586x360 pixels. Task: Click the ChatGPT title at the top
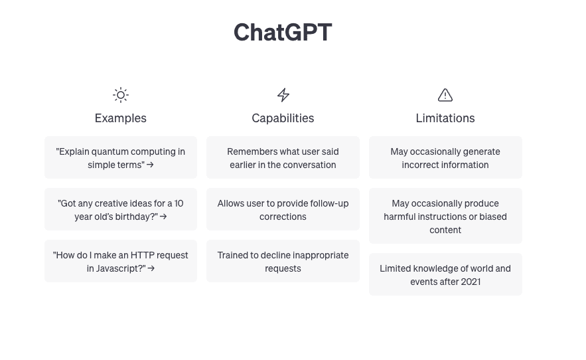283,33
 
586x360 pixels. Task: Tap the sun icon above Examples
121,95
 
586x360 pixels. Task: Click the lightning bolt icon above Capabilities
283,95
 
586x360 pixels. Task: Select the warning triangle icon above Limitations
445,95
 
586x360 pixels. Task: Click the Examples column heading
121,118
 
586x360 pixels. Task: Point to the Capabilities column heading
283,118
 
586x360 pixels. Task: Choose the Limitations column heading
445,118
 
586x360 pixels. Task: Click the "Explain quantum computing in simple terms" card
121,157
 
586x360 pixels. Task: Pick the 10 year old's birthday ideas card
121,209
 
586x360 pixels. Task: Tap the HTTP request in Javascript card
121,261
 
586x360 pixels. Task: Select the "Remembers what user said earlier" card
283,157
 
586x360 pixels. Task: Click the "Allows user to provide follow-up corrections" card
283,209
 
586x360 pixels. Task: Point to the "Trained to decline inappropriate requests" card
283,261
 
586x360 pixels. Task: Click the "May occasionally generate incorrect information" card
445,157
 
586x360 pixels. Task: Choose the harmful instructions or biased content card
445,216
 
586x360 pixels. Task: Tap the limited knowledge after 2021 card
445,274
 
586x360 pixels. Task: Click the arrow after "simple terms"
150,165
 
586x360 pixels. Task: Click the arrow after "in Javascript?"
151,268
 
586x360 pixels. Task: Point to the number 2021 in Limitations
471,282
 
